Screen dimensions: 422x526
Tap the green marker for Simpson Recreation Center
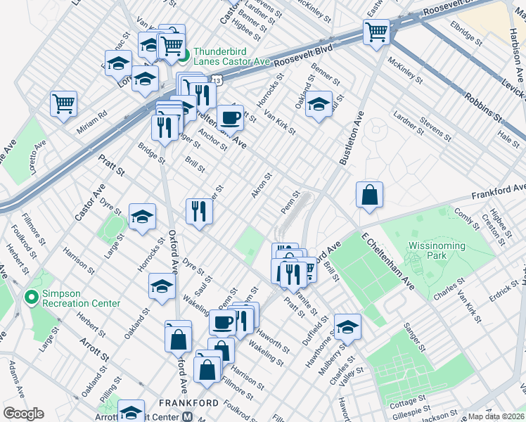pyautogui.click(x=29, y=298)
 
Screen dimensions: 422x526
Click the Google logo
pyautogui.click(x=23, y=413)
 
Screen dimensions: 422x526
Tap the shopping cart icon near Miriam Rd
pyautogui.click(x=63, y=103)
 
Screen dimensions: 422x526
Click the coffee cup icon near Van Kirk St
pyautogui.click(x=230, y=116)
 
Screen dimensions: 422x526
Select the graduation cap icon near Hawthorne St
pyautogui.click(x=347, y=326)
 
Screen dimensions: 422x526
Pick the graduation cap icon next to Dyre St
pyautogui.click(x=143, y=217)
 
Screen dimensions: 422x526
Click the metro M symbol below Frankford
pyautogui.click(x=188, y=416)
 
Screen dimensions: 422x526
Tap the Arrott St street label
pyautogui.click(x=95, y=347)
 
